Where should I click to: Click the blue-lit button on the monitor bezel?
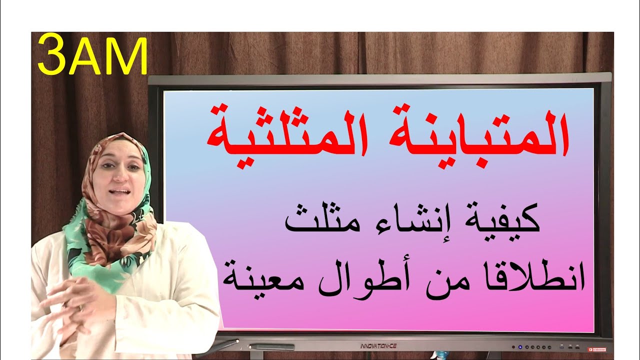tap(520, 346)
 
